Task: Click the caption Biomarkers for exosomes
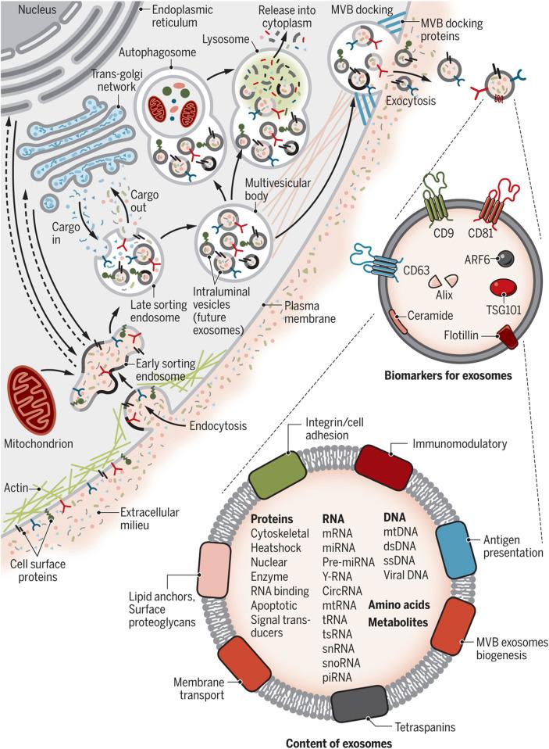coord(448,374)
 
